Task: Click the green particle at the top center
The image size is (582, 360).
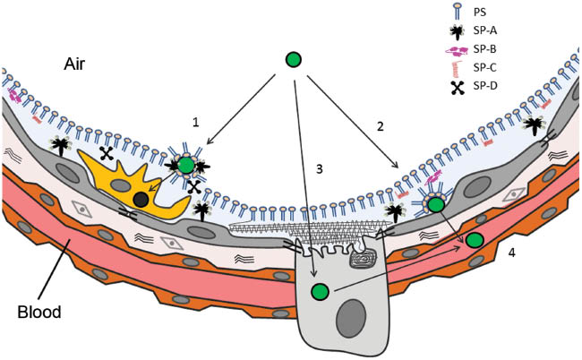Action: click(293, 61)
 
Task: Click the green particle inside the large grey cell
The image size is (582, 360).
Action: click(319, 292)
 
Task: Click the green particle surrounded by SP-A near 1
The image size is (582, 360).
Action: click(185, 164)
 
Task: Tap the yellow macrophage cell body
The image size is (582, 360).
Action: click(121, 184)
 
